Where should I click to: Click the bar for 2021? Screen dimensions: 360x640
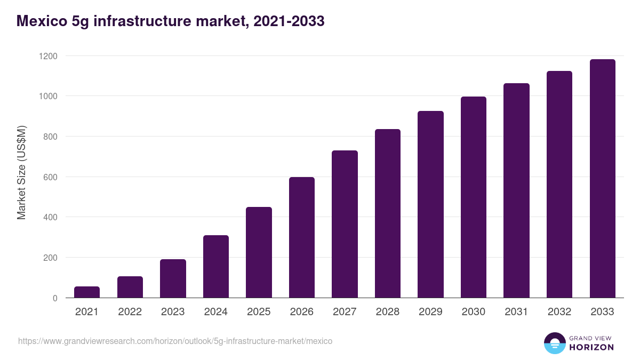tap(87, 292)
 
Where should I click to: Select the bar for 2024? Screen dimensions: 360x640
tap(216, 267)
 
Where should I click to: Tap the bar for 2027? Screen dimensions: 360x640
tap(345, 224)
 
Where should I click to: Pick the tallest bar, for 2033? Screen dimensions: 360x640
tap(602, 179)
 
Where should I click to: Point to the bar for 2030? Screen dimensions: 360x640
tap(474, 197)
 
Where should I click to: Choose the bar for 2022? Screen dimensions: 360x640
tap(130, 287)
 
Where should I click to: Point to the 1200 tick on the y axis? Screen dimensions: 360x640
tap(47, 56)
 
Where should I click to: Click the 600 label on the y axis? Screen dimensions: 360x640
tap(51, 177)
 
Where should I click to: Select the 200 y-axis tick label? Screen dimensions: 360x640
tap(51, 258)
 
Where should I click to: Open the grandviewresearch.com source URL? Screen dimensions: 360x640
tap(175, 341)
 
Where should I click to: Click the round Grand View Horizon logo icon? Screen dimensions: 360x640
tap(554, 343)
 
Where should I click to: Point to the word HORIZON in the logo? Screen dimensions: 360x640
tap(591, 347)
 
